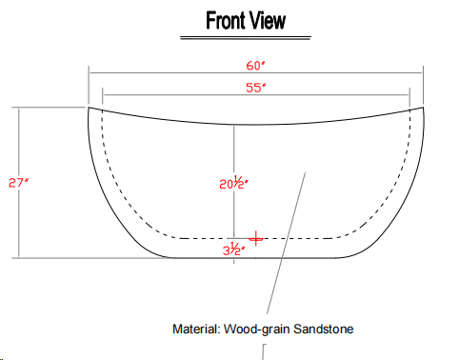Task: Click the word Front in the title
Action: tap(225, 20)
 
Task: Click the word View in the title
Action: tap(267, 20)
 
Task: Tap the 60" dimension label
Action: tap(255, 66)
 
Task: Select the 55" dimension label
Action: tap(255, 88)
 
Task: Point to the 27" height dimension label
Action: tap(18, 183)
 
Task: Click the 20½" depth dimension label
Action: tap(233, 183)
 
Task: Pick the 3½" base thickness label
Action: tap(233, 250)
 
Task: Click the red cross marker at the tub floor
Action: tap(255, 238)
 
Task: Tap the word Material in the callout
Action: tap(196, 329)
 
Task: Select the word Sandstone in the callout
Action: tap(323, 329)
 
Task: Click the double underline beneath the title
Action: tap(246, 38)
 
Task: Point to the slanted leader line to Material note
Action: tap(286, 243)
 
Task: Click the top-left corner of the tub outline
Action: tap(89, 108)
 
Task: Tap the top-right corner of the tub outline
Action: tap(424, 107)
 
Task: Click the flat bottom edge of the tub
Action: tap(254, 258)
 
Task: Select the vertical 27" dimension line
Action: tap(19, 183)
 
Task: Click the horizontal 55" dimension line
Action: tap(256, 94)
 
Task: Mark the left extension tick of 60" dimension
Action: tap(89, 85)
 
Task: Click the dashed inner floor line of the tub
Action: tap(255, 238)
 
